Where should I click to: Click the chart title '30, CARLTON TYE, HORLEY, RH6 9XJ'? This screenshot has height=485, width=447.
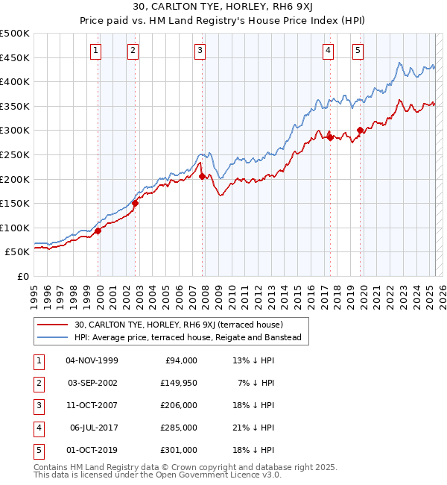click(223, 8)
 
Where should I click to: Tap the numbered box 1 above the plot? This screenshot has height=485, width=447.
click(97, 51)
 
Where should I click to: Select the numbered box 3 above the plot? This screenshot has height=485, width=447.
click(200, 51)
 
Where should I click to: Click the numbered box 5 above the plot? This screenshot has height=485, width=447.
click(358, 51)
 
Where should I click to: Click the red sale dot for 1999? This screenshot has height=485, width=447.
click(98, 231)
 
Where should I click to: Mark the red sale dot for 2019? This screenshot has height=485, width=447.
click(360, 130)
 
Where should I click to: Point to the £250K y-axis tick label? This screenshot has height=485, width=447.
click(15, 154)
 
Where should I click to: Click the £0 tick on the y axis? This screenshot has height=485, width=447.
click(22, 276)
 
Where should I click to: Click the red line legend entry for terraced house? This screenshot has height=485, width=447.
click(179, 325)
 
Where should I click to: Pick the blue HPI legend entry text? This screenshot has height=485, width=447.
click(187, 338)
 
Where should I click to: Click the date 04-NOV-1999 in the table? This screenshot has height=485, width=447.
click(92, 360)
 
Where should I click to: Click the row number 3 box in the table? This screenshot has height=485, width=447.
click(37, 405)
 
